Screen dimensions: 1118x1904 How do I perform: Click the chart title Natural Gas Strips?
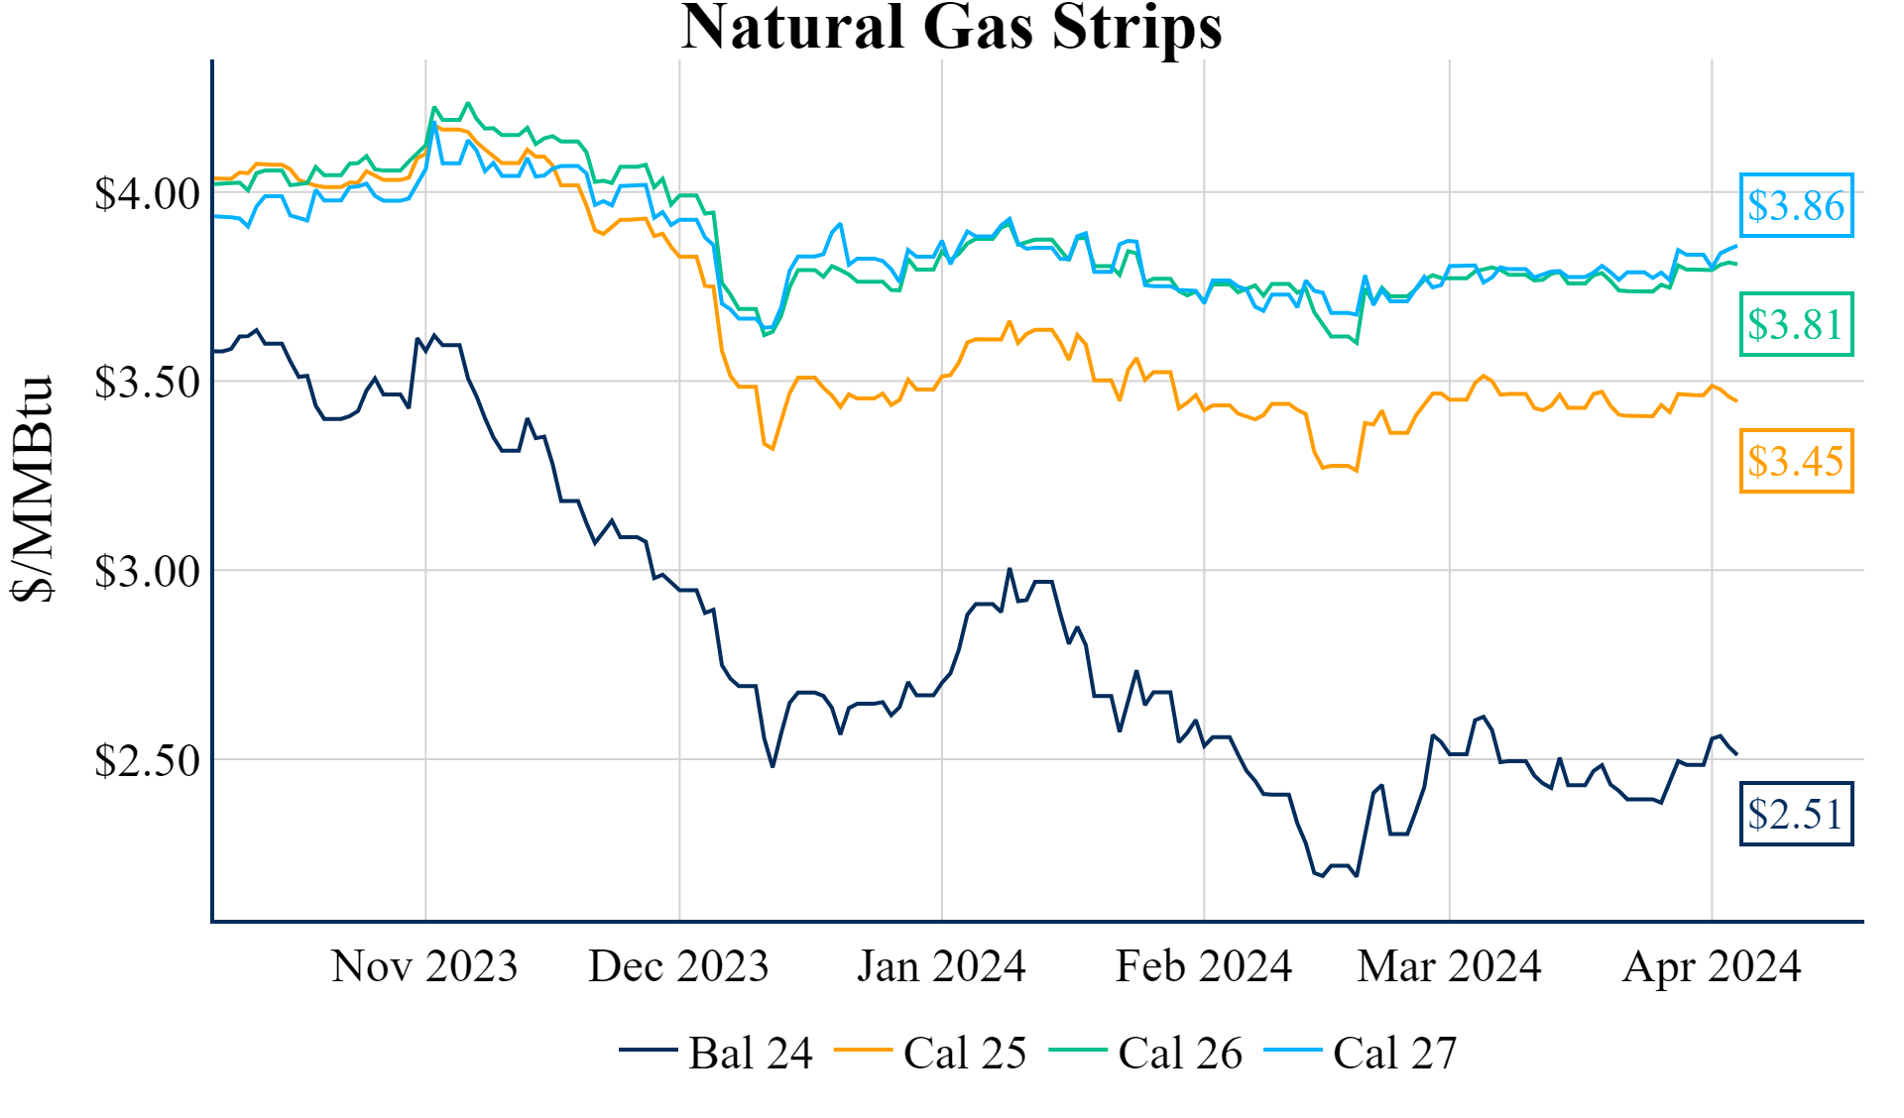952,28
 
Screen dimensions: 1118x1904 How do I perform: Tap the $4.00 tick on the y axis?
147,194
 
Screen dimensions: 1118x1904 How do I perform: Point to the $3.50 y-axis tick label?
147,383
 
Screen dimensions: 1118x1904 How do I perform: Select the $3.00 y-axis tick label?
147,572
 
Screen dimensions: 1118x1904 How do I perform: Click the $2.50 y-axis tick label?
147,760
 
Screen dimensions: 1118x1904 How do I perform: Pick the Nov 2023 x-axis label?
424,966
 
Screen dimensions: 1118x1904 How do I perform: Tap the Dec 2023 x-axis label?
678,966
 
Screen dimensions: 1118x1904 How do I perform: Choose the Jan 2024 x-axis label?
941,966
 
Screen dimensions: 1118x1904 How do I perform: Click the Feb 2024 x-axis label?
1204,966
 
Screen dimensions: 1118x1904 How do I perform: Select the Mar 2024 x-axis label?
1449,966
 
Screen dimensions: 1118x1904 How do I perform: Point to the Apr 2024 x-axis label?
1712,966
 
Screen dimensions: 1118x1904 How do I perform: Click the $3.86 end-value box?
1796,206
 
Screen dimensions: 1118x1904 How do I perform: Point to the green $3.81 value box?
1796,324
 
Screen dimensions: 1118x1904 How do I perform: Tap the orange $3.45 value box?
1796,461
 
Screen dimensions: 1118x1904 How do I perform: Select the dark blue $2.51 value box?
1796,815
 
